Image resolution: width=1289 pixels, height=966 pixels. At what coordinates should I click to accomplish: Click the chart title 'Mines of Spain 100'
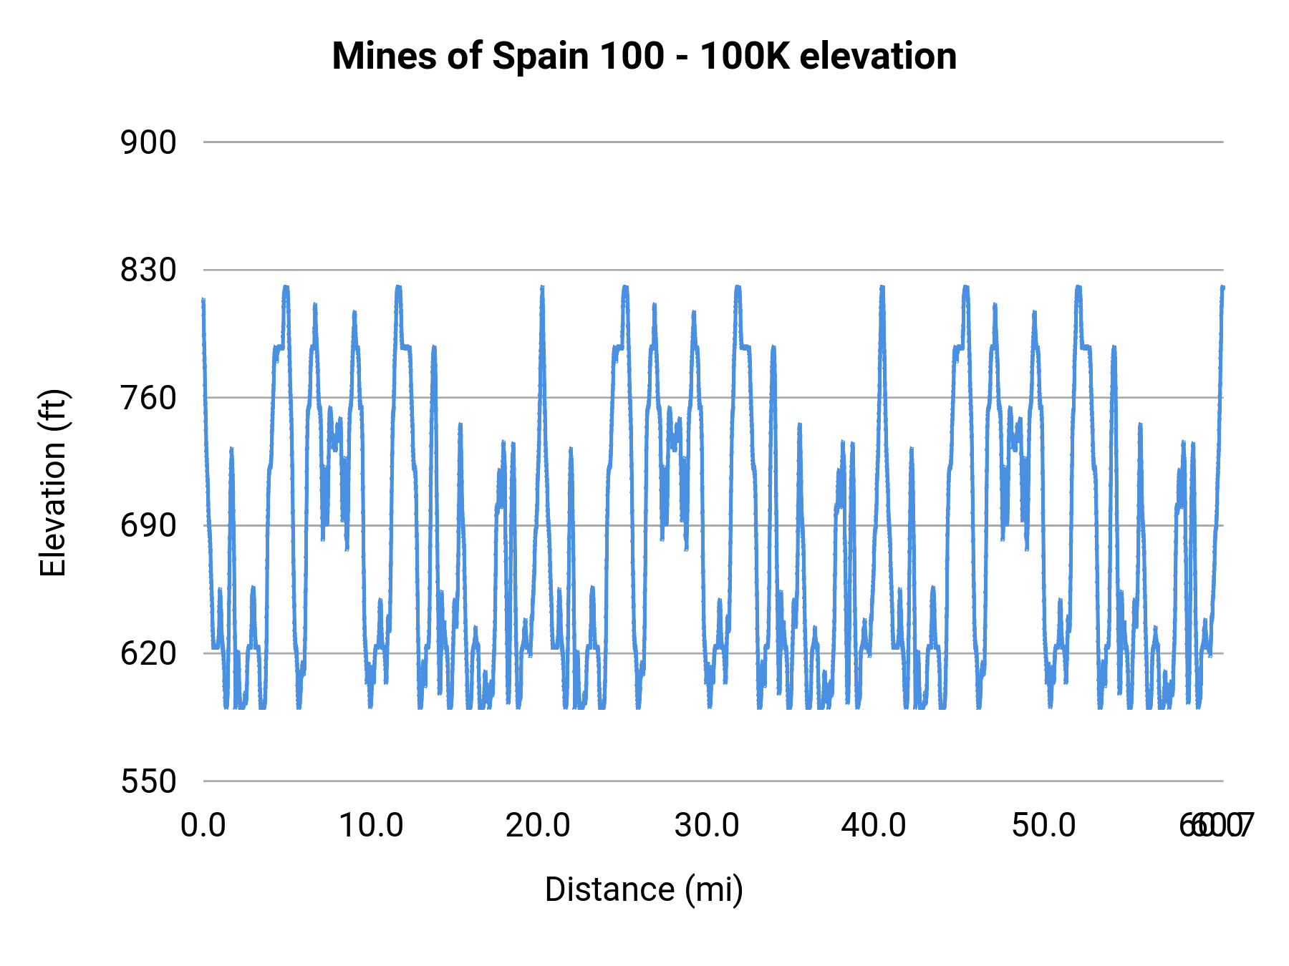coord(498,56)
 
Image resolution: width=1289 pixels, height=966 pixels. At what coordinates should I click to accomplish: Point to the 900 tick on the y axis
coord(148,142)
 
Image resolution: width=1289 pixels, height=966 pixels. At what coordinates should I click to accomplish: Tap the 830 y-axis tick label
coord(148,270)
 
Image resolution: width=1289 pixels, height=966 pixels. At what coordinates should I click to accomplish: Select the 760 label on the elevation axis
coord(148,398)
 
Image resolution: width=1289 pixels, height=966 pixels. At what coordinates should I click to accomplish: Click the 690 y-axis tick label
coord(148,526)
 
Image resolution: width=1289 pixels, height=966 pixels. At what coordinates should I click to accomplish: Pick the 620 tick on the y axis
coord(148,653)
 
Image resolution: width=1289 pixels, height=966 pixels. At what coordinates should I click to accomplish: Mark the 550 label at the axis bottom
coord(148,781)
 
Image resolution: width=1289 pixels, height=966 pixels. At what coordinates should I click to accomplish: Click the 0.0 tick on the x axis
coord(203,825)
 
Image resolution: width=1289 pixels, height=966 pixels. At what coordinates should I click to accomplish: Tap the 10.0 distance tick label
coord(371,825)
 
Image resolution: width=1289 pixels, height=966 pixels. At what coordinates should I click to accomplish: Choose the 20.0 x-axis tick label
coord(539,825)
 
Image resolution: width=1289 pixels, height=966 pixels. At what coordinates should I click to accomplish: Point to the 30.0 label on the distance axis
coord(707,825)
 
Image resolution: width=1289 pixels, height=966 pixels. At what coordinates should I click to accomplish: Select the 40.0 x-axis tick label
coord(874,825)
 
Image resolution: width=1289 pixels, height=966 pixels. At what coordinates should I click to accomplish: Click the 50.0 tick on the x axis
coord(1043,825)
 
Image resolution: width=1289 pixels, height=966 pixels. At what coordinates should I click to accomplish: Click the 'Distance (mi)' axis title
coord(644,889)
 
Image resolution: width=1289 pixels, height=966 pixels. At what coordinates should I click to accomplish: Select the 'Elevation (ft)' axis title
coord(53,483)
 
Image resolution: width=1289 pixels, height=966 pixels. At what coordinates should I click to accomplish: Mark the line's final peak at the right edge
coord(1222,288)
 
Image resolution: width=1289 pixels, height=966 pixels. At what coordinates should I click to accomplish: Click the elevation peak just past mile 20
coord(542,288)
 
